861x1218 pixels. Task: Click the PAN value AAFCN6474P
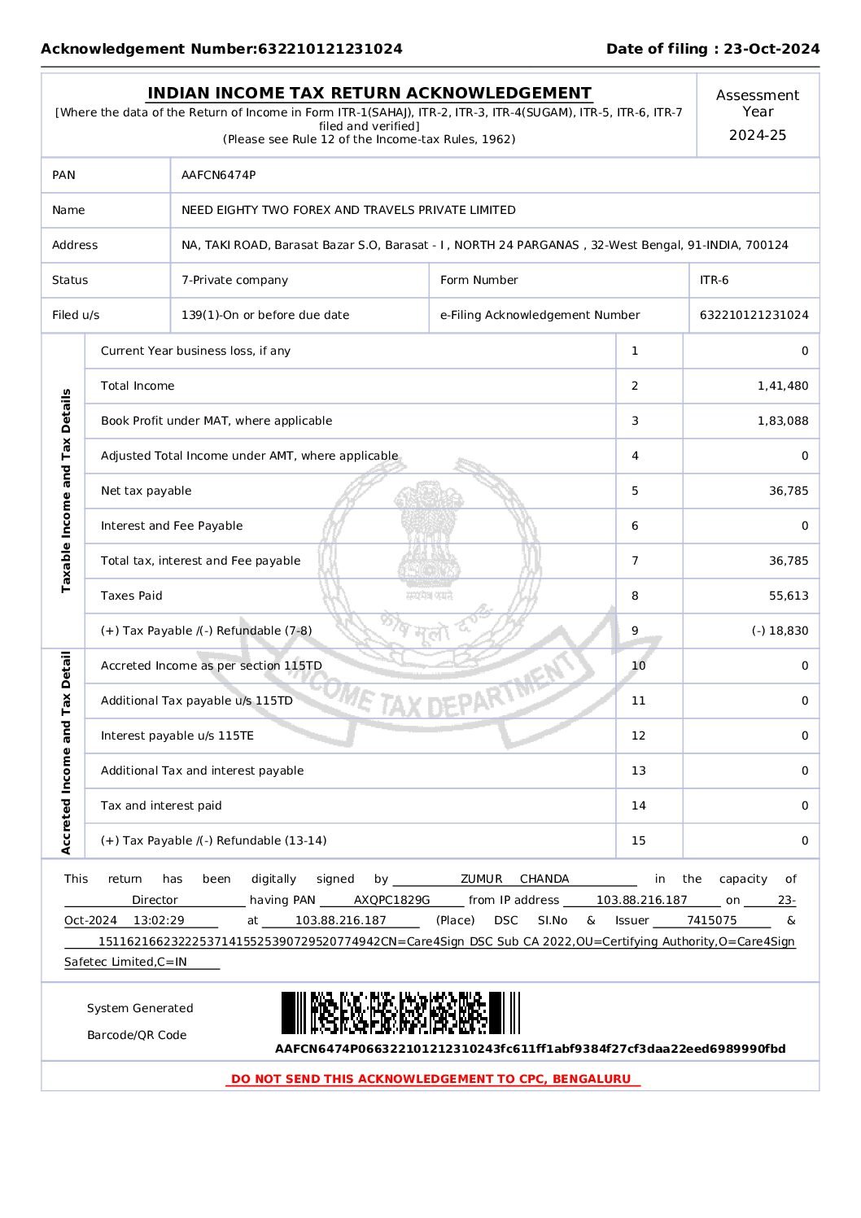tap(218, 175)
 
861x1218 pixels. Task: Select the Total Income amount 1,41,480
tap(782, 386)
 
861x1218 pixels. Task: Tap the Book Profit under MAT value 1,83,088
tap(782, 421)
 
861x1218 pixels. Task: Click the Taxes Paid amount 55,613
tap(788, 596)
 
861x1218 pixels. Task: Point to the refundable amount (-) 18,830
tap(780, 631)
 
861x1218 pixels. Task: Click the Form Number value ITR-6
tap(714, 280)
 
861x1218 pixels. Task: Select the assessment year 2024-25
tap(757, 135)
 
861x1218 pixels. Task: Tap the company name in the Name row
tap(348, 210)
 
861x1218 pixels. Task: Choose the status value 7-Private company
tap(234, 280)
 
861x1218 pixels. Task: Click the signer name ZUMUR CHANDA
tap(514, 879)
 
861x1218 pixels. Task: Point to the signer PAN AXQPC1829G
tap(391, 900)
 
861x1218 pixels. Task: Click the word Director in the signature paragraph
tap(155, 900)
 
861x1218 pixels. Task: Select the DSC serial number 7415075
tap(711, 920)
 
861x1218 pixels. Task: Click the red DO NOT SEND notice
tap(431, 1079)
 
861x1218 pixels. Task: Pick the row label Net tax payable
tap(146, 491)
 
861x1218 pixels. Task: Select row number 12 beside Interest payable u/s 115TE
tap(638, 736)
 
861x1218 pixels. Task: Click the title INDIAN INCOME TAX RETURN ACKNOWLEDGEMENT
tap(369, 94)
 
